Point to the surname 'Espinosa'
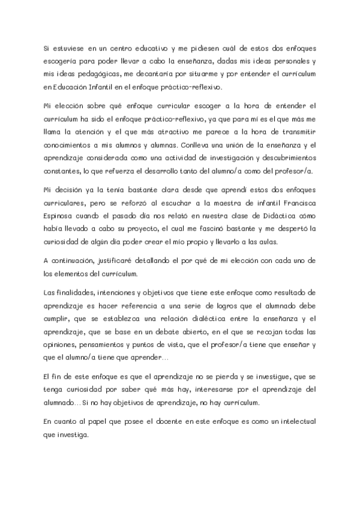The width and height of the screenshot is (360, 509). click(60, 214)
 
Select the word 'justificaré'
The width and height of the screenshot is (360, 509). click(113, 261)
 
